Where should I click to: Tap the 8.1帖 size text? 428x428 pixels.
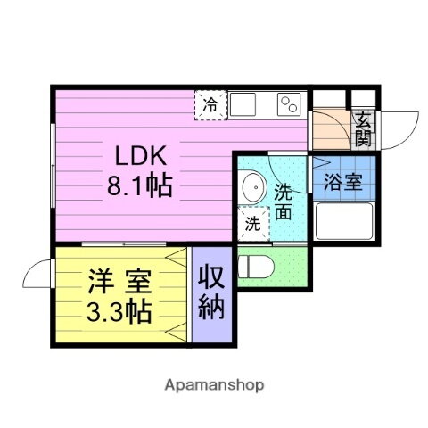click(139, 187)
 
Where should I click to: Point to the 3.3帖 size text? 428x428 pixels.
click(118, 311)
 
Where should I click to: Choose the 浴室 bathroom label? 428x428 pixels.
click(342, 183)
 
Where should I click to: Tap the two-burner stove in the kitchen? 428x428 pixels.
click(289, 103)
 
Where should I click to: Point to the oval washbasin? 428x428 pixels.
click(252, 188)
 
